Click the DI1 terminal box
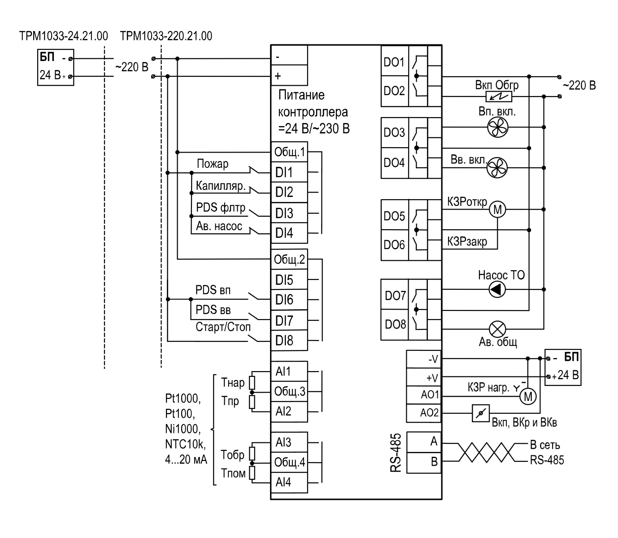[x=289, y=172]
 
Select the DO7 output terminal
[x=395, y=295]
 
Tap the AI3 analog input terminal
[x=289, y=442]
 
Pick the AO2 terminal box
[x=423, y=413]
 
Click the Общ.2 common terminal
[x=289, y=259]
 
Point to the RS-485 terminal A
[x=423, y=442]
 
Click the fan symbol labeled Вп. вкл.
[x=498, y=127]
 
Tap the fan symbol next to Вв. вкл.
[x=497, y=167]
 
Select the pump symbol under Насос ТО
[x=497, y=289]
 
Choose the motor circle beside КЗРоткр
[x=497, y=209]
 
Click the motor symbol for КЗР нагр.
[x=528, y=396]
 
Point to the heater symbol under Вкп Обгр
[x=499, y=97]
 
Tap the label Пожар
[x=212, y=164]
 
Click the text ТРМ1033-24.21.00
[x=63, y=36]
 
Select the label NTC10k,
[x=186, y=444]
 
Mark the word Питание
[x=301, y=95]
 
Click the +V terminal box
[x=423, y=377]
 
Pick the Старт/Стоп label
[x=223, y=327]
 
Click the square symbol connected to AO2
[x=481, y=413]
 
